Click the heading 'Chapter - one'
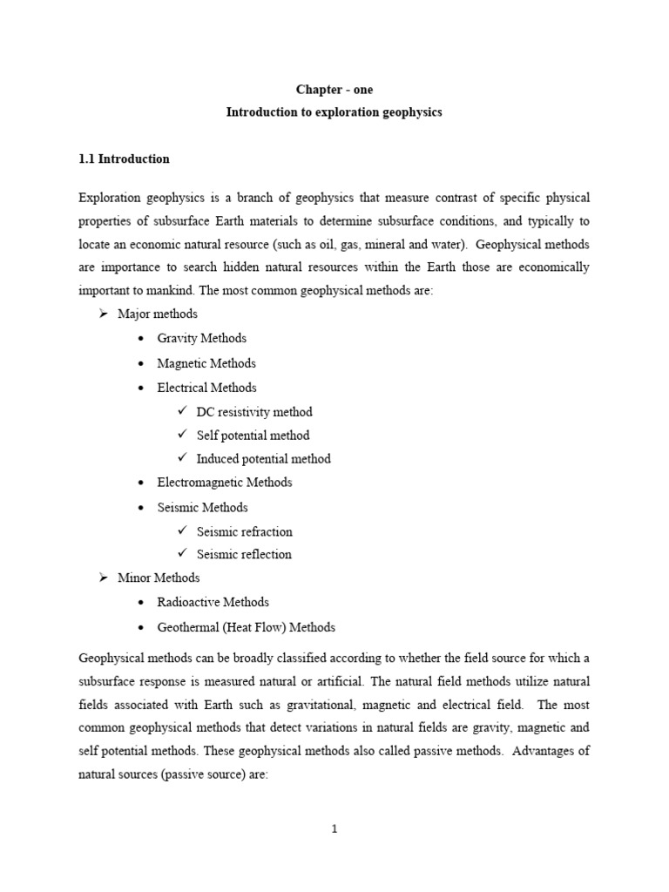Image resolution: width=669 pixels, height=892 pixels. click(334, 91)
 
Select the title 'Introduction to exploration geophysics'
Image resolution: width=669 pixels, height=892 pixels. click(334, 113)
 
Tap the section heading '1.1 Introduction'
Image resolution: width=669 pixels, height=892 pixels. click(124, 159)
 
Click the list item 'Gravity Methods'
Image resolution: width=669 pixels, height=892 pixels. click(201, 338)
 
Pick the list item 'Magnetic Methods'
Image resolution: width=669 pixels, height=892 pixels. click(206, 363)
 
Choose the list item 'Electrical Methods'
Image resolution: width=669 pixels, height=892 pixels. click(206, 388)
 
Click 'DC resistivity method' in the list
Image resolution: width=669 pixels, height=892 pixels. click(253, 412)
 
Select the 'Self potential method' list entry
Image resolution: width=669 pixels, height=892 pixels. click(253, 436)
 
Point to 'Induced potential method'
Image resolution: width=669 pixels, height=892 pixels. click(263, 459)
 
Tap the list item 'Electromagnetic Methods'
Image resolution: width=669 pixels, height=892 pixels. click(225, 483)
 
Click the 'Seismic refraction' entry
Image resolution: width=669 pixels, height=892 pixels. click(244, 531)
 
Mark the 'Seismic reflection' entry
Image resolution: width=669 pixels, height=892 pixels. click(244, 554)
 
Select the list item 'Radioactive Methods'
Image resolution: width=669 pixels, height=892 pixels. click(213, 602)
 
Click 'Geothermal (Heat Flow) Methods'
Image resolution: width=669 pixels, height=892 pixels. click(246, 627)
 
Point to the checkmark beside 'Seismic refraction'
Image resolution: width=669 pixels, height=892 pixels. click(182, 530)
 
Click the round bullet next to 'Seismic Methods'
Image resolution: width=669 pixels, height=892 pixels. click(141, 508)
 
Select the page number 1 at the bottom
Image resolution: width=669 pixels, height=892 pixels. click(334, 829)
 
